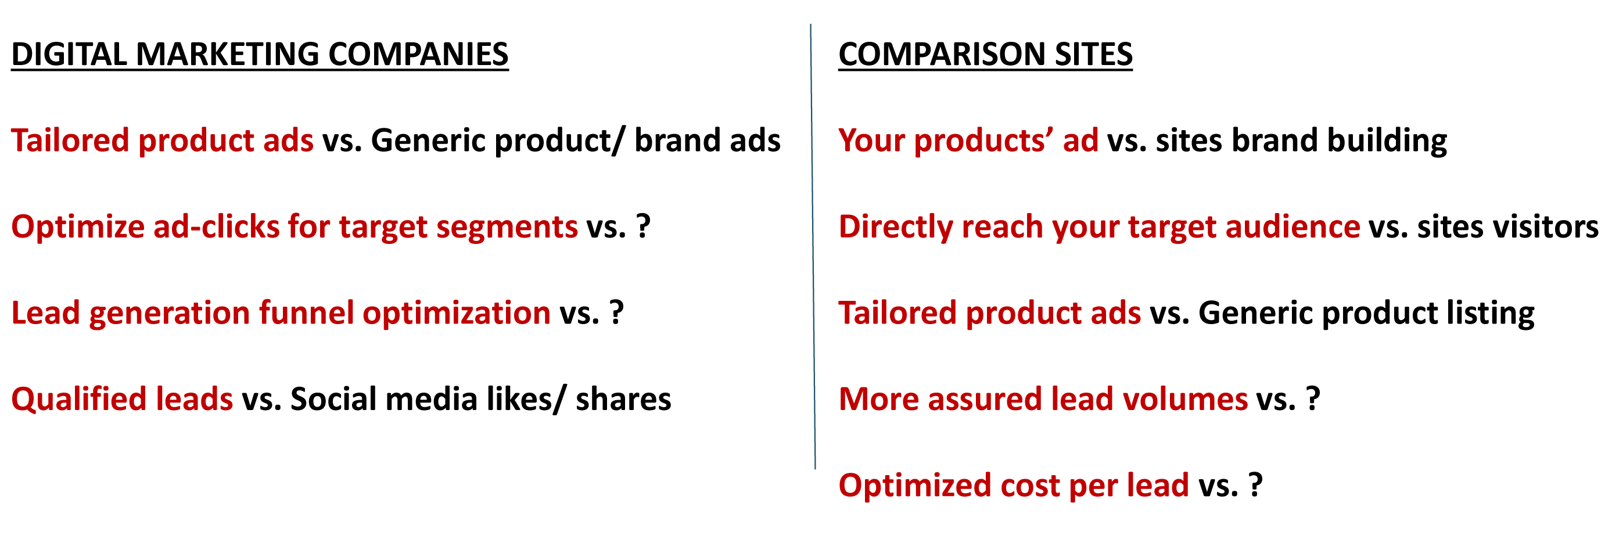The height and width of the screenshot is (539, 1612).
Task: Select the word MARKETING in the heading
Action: pyautogui.click(x=228, y=54)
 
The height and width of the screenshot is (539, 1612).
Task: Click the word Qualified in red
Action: pyautogui.click(x=79, y=400)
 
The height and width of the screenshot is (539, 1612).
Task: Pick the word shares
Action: pyautogui.click(x=623, y=400)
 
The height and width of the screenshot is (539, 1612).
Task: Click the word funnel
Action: pyautogui.click(x=307, y=312)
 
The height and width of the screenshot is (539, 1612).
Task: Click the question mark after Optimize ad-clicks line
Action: pyautogui.click(x=643, y=226)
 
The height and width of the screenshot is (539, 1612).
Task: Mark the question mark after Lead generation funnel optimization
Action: pyautogui.click(x=616, y=312)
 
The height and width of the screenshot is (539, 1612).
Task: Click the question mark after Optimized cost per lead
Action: pyautogui.click(x=1255, y=485)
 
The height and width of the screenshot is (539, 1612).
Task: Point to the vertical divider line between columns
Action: pyautogui.click(x=813, y=247)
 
